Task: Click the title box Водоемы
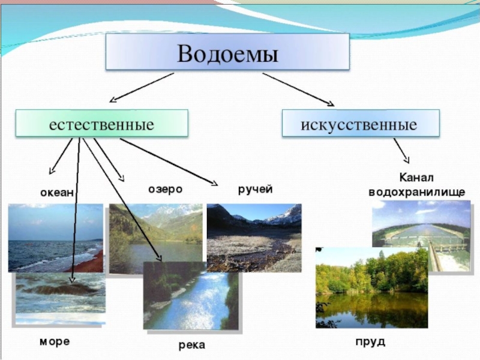pos(227,52)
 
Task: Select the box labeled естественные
pos(101,124)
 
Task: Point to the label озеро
pos(165,189)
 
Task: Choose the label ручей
pos(255,190)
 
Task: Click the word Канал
pos(416,178)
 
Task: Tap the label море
pos(55,341)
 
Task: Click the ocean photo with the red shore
pos(54,237)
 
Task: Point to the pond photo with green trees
pos(371,288)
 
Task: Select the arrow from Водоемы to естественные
pos(142,88)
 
